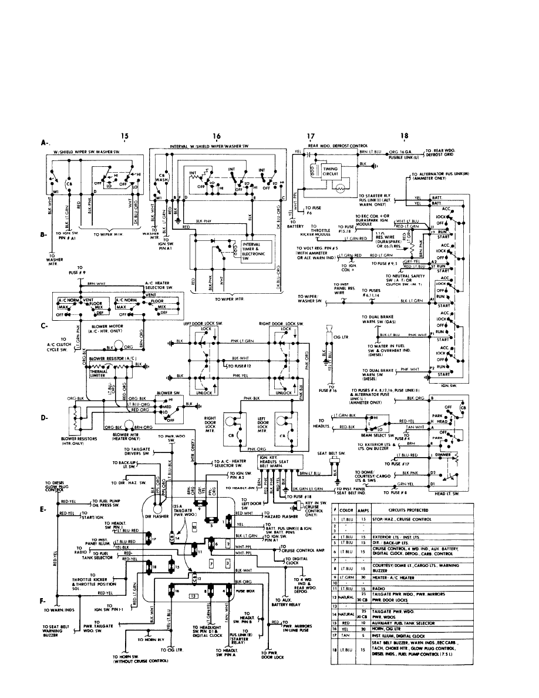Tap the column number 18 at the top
click(x=404, y=136)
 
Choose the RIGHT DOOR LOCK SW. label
click(x=281, y=324)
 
